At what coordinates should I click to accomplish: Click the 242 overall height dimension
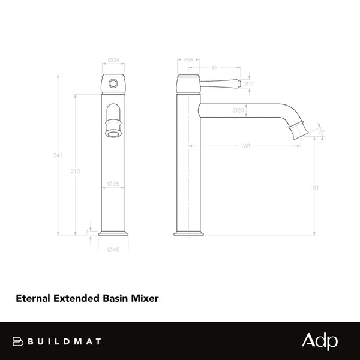[58, 155]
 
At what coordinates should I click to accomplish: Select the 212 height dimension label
[75, 172]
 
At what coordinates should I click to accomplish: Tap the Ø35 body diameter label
[113, 184]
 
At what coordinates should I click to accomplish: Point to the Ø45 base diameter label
[113, 250]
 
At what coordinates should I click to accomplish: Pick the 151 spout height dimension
[313, 188]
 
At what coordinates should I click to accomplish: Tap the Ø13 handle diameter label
[250, 84]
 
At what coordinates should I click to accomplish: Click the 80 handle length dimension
[215, 68]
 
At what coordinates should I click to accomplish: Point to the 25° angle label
[322, 133]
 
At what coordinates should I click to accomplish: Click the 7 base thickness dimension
[87, 231]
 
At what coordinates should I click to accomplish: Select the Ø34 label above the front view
[113, 59]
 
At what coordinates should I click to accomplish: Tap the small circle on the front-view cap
[113, 83]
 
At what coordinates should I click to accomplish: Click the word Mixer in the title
[146, 297]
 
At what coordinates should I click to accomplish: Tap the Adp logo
[319, 341]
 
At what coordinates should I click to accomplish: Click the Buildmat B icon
[17, 341]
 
